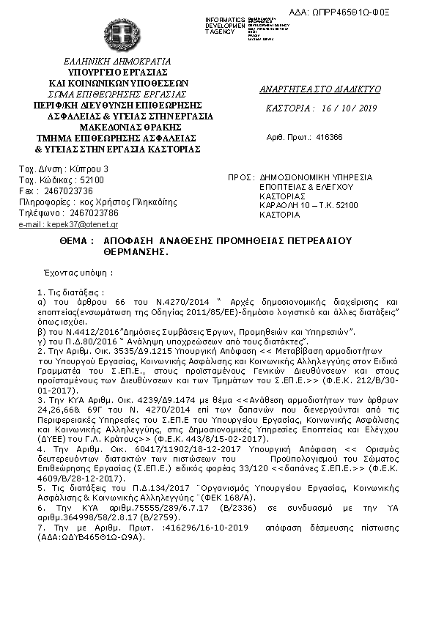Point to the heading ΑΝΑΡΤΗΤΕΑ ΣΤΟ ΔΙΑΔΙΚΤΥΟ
(x=320, y=89)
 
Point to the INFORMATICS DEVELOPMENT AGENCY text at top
(x=226, y=25)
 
